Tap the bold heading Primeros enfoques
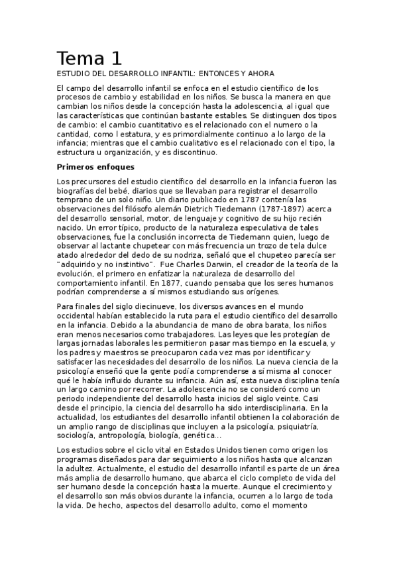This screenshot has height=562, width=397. (x=95, y=166)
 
